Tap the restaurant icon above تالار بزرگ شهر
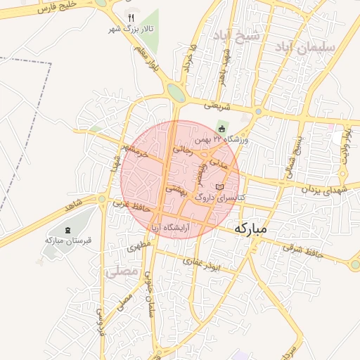coord(131,18)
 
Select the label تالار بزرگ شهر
coord(130,30)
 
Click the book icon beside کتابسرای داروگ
coord(220,187)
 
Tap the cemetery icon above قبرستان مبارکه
coord(67,230)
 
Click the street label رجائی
coord(181,149)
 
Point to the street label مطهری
coord(140,247)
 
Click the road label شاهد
coord(77,209)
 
